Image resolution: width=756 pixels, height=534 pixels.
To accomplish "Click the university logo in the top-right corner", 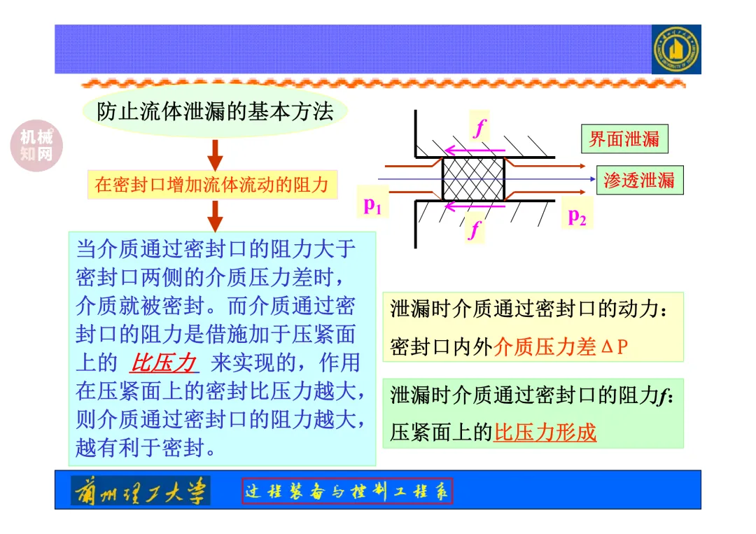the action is click(675, 49).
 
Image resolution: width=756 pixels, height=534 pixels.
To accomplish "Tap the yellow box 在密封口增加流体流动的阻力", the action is click(211, 185).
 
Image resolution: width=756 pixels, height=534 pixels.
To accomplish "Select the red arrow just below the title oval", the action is click(216, 155).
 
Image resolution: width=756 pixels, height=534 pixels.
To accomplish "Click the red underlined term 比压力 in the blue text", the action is click(163, 363).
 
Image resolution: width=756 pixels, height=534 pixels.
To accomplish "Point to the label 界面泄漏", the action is click(624, 139).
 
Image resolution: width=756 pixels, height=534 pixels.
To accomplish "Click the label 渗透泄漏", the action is click(639, 181).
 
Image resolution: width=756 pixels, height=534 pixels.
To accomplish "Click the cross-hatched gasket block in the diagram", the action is click(473, 178).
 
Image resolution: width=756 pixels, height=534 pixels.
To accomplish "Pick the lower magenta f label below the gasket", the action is click(475, 228).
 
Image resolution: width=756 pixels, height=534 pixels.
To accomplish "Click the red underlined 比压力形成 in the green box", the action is click(545, 433).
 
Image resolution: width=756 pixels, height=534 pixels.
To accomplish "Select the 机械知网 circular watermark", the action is click(36, 146).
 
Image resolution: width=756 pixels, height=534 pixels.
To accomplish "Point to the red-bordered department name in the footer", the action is click(347, 491).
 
